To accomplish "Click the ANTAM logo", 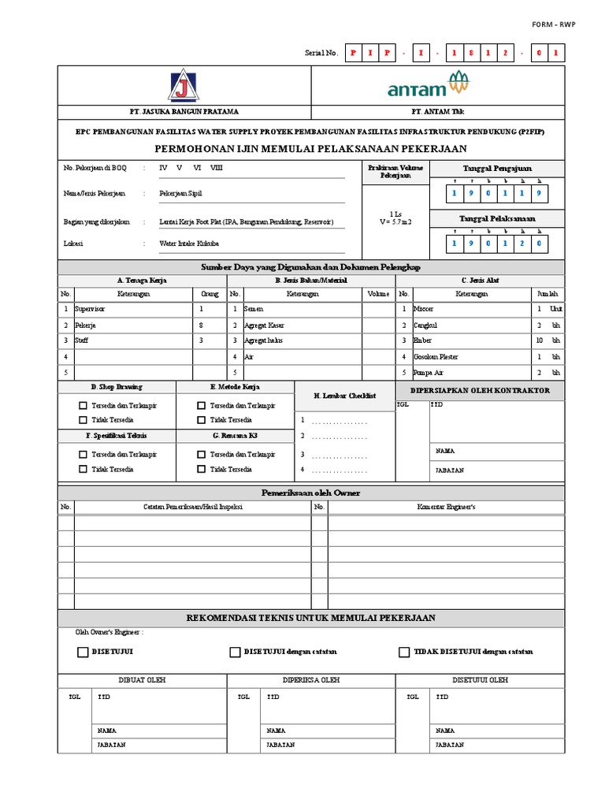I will point(427,85).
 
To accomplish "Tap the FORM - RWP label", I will point(554,24).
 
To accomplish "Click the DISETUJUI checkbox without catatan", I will point(83,652).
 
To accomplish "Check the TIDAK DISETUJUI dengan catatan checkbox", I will point(404,652).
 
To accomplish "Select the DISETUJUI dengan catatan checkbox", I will point(235,652).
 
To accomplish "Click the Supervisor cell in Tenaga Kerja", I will point(90,310).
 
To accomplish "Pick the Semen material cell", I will point(254,310).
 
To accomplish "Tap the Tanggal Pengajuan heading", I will point(496,168).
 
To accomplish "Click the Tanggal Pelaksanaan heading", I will point(496,218).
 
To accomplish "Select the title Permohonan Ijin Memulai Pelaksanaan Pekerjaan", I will point(310,148).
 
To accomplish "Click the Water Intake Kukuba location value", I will point(189,244).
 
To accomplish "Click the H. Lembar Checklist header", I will point(344,396).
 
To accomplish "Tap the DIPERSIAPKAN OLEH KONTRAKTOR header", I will point(480,390).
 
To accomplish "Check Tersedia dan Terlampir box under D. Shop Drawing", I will point(83,405).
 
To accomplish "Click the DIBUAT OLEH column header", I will point(142,679).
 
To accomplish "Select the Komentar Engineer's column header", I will point(446,507).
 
